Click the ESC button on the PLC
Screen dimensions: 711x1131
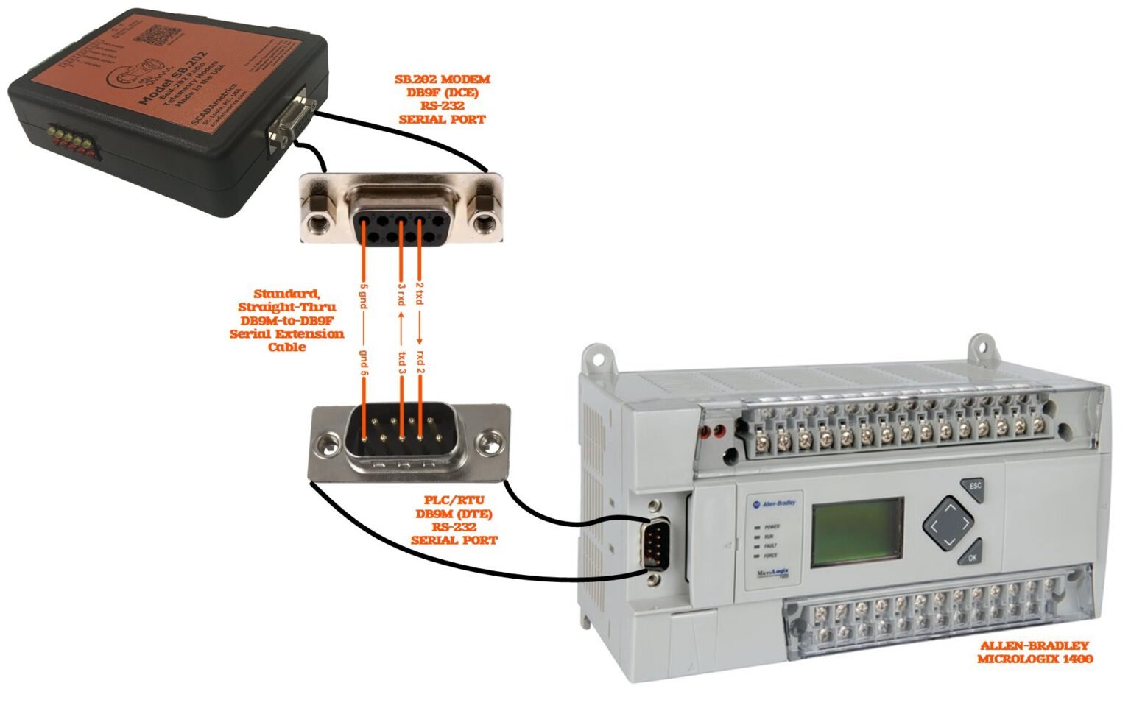[974, 487]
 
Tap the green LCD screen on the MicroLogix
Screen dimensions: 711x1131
[857, 532]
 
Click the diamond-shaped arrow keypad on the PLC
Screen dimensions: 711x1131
[949, 523]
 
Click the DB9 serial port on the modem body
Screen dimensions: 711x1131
[289, 125]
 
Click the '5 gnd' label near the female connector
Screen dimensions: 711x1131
[364, 295]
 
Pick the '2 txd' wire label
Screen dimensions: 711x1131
[420, 293]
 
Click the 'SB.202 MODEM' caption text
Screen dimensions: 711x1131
[442, 79]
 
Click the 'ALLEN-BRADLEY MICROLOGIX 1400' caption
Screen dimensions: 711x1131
[1034, 652]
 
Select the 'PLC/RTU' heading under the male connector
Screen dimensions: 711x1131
[454, 500]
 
